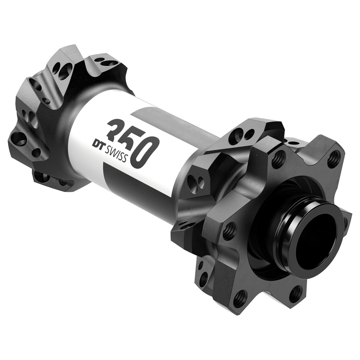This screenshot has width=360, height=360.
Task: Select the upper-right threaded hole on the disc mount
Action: [x=334, y=156]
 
